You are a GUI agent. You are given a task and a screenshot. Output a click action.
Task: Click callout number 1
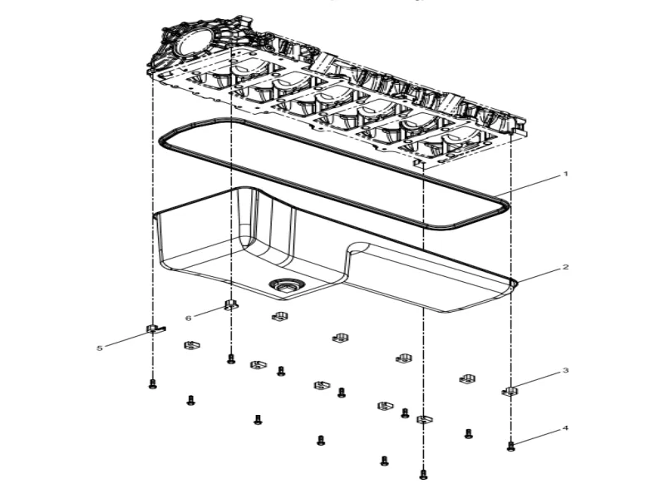point(565,175)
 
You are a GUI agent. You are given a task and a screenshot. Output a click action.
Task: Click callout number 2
point(565,268)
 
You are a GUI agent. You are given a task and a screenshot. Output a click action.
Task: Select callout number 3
point(565,370)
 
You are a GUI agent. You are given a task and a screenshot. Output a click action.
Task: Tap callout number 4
point(565,429)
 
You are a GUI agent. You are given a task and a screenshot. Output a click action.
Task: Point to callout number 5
point(100,348)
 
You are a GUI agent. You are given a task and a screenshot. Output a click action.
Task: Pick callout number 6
point(188,318)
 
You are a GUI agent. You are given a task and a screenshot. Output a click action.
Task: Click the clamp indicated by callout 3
point(510,390)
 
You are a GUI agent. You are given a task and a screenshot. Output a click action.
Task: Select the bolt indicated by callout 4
point(510,447)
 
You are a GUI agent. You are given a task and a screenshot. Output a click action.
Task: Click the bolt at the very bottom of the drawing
point(423,474)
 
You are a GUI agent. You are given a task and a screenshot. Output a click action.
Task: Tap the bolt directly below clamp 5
point(152,383)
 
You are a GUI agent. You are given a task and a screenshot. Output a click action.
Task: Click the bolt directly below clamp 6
point(231,359)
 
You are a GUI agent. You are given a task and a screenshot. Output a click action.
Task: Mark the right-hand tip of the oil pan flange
point(515,284)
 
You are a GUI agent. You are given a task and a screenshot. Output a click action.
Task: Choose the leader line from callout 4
point(537,437)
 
